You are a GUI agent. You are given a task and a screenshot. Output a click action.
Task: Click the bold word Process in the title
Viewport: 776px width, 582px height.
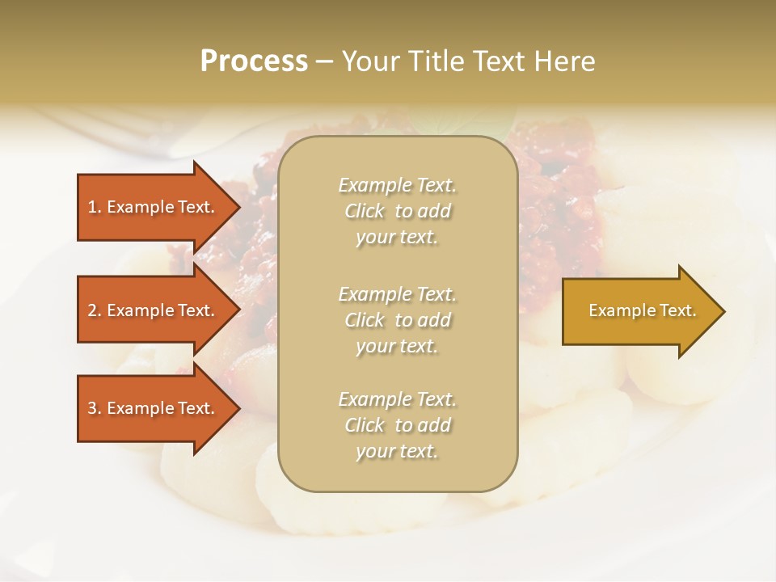[x=254, y=61]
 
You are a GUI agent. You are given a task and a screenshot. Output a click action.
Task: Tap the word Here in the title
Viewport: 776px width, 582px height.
[x=563, y=61]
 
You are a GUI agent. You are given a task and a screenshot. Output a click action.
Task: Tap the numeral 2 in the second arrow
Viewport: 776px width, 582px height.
[x=92, y=310]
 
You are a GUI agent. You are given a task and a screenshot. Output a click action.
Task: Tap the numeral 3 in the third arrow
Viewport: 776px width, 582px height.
[x=92, y=408]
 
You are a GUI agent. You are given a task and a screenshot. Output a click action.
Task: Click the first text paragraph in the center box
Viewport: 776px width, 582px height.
[x=397, y=211]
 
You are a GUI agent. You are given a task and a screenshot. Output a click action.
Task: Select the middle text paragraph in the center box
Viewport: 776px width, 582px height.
[x=397, y=320]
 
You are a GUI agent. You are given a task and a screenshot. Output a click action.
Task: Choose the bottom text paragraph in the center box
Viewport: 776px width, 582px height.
[x=397, y=425]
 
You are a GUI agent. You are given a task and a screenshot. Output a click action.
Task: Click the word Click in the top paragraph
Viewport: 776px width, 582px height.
[x=365, y=211]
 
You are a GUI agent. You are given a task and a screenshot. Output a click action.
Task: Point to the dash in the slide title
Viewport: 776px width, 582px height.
[x=324, y=62]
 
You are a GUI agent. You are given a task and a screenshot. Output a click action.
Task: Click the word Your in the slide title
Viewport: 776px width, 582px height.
[x=370, y=61]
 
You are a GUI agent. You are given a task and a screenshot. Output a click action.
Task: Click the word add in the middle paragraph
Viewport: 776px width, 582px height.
[x=434, y=320]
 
